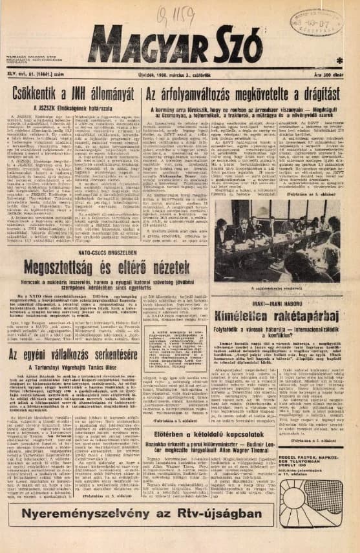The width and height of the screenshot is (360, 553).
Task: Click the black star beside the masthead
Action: [x=341, y=60]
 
